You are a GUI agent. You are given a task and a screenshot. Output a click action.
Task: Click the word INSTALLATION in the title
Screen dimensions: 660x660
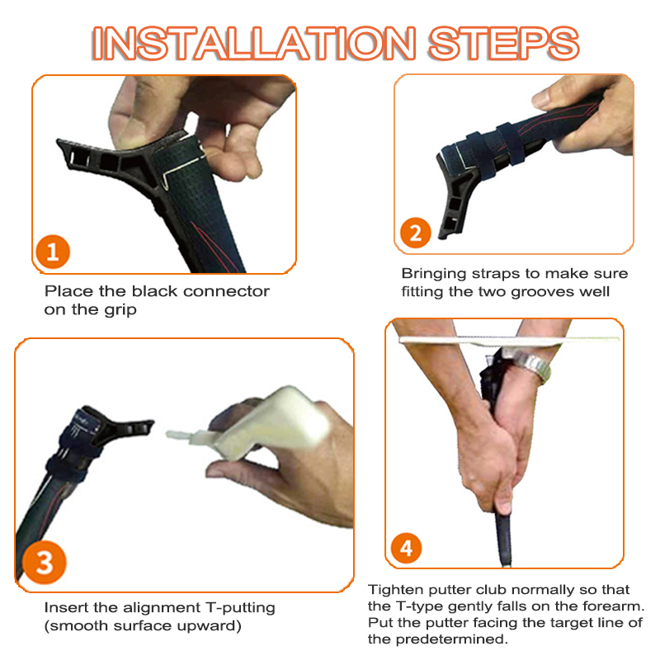[x=254, y=43]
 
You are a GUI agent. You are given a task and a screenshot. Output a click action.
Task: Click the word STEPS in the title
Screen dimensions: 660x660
[x=504, y=43]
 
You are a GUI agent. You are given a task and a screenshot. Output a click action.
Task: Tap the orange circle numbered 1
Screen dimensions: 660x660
[x=53, y=252]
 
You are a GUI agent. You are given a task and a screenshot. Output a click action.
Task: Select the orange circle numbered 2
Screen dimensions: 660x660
[x=416, y=233]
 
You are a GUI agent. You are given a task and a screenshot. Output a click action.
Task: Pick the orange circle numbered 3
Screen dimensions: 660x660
[x=44, y=563]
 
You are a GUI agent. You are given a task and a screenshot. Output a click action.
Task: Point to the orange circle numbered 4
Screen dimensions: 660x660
[x=406, y=548]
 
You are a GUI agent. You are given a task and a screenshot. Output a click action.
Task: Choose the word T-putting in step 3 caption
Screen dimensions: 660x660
[x=240, y=608]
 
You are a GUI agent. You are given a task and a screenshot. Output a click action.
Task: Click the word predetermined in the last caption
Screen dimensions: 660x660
[x=451, y=639]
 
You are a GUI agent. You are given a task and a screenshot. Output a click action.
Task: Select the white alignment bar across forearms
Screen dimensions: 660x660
[x=509, y=340]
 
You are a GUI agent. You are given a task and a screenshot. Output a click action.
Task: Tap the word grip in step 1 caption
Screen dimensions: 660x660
[x=120, y=310]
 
